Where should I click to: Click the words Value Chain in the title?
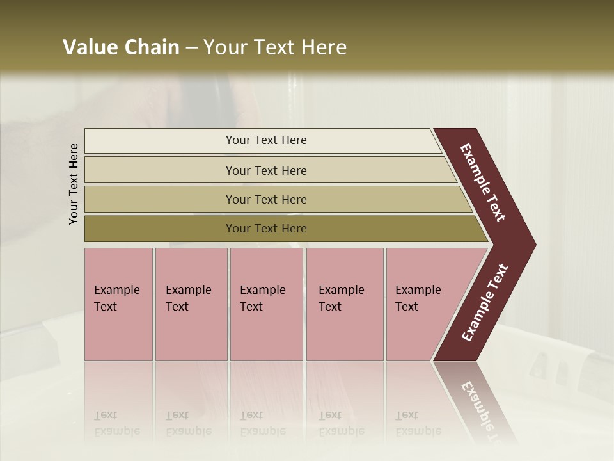[x=121, y=47]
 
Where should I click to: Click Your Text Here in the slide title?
[x=275, y=47]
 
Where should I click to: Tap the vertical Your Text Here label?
[x=74, y=184]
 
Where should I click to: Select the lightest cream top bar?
[x=160, y=141]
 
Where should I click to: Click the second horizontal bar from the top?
[x=160, y=170]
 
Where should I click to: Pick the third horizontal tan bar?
[x=160, y=199]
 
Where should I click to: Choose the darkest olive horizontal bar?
[x=160, y=229]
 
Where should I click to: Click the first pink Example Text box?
[x=118, y=304]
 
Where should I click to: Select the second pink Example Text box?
[x=191, y=304]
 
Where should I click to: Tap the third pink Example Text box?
[x=266, y=304]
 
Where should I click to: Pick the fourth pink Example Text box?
[x=344, y=304]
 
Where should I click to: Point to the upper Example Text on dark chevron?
[x=483, y=182]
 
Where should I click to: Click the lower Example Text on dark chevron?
[x=485, y=302]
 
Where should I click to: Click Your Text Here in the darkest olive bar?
[x=266, y=229]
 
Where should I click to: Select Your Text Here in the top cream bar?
[x=266, y=140]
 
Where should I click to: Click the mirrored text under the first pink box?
[x=116, y=423]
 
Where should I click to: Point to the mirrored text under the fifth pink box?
[x=418, y=423]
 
